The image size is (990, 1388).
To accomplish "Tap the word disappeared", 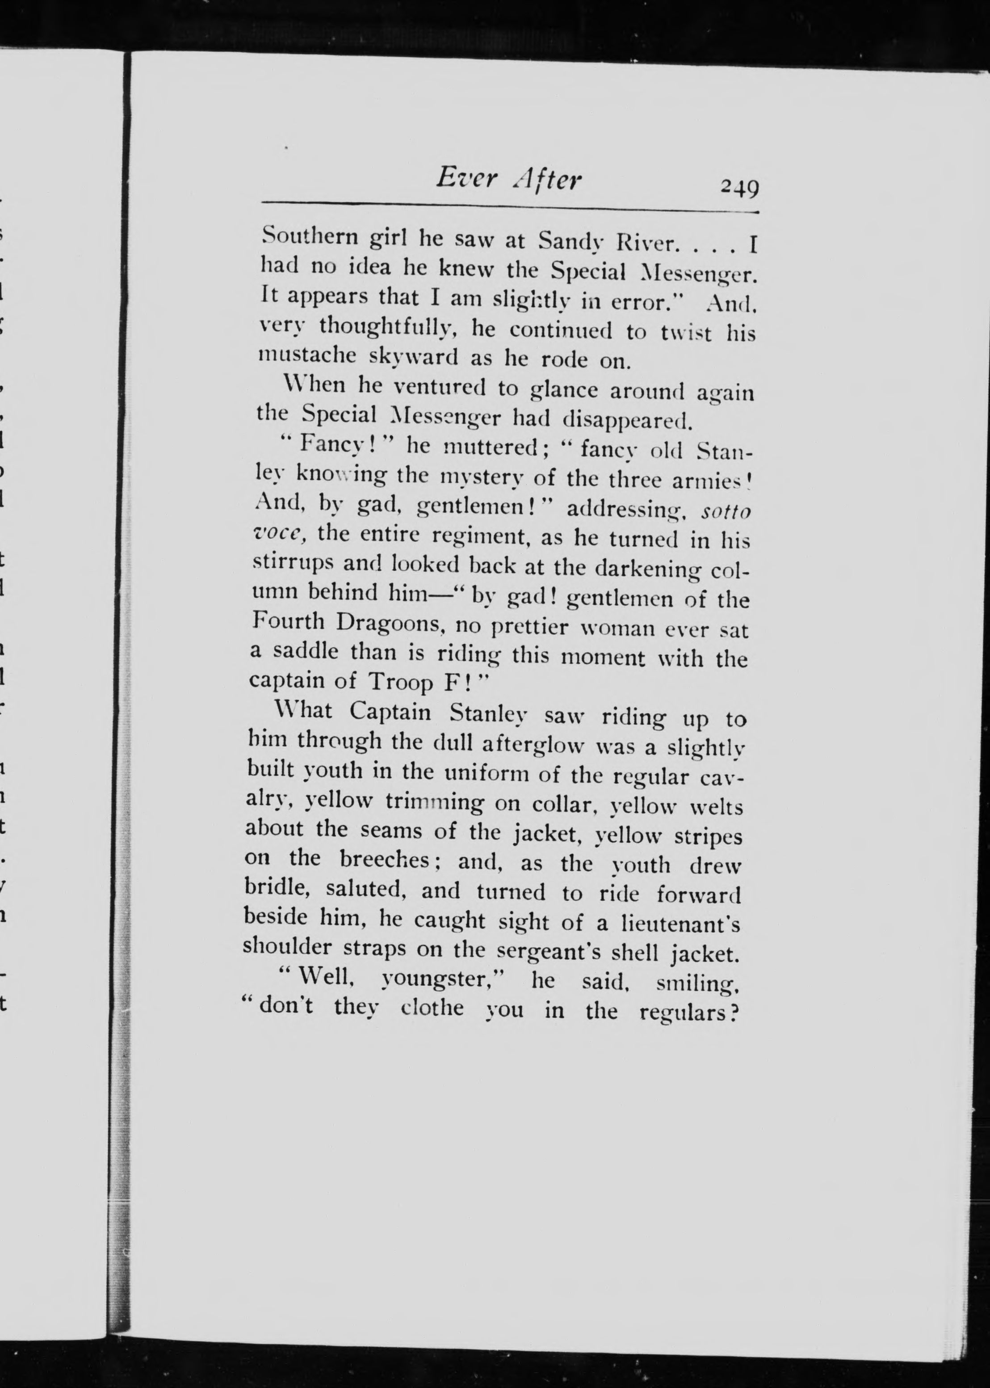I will coord(627,420).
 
